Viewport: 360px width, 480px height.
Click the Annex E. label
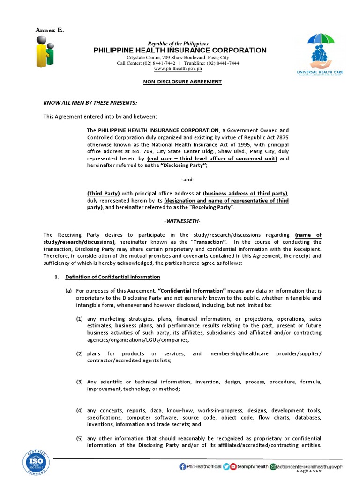point(50,30)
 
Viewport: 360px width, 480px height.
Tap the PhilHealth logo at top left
point(45,52)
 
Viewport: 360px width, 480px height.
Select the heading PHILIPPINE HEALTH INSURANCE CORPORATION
point(180,50)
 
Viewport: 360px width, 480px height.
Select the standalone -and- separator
point(187,180)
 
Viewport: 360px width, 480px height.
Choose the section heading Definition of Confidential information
point(112,277)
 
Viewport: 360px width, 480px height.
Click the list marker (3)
point(80,382)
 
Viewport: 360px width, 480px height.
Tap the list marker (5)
point(80,438)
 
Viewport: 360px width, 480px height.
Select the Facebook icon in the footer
point(182,466)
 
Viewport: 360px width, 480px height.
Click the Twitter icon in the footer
point(226,466)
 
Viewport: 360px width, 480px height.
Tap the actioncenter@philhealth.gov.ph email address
point(310,466)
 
